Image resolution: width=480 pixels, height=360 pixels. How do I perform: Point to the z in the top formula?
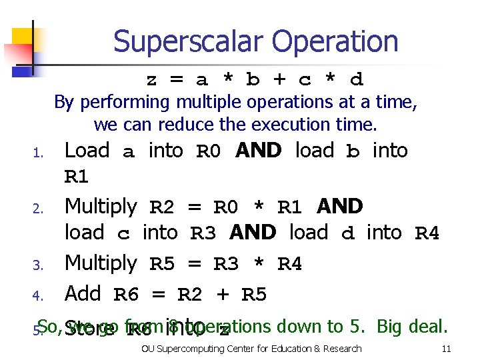(151, 81)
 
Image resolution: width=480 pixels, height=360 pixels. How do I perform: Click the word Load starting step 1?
(87, 151)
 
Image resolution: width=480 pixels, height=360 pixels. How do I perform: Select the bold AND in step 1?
(259, 151)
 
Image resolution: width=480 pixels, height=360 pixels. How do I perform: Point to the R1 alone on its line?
(76, 178)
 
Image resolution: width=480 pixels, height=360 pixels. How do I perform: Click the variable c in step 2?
(123, 234)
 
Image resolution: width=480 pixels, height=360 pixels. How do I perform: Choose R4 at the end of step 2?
(427, 234)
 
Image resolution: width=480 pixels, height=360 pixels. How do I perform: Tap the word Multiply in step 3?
(100, 264)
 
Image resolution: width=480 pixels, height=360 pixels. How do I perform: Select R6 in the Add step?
(127, 294)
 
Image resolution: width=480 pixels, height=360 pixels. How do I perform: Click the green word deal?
(431, 326)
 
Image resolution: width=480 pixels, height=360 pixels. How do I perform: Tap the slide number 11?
(446, 349)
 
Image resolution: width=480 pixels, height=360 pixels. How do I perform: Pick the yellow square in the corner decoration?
(21, 39)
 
